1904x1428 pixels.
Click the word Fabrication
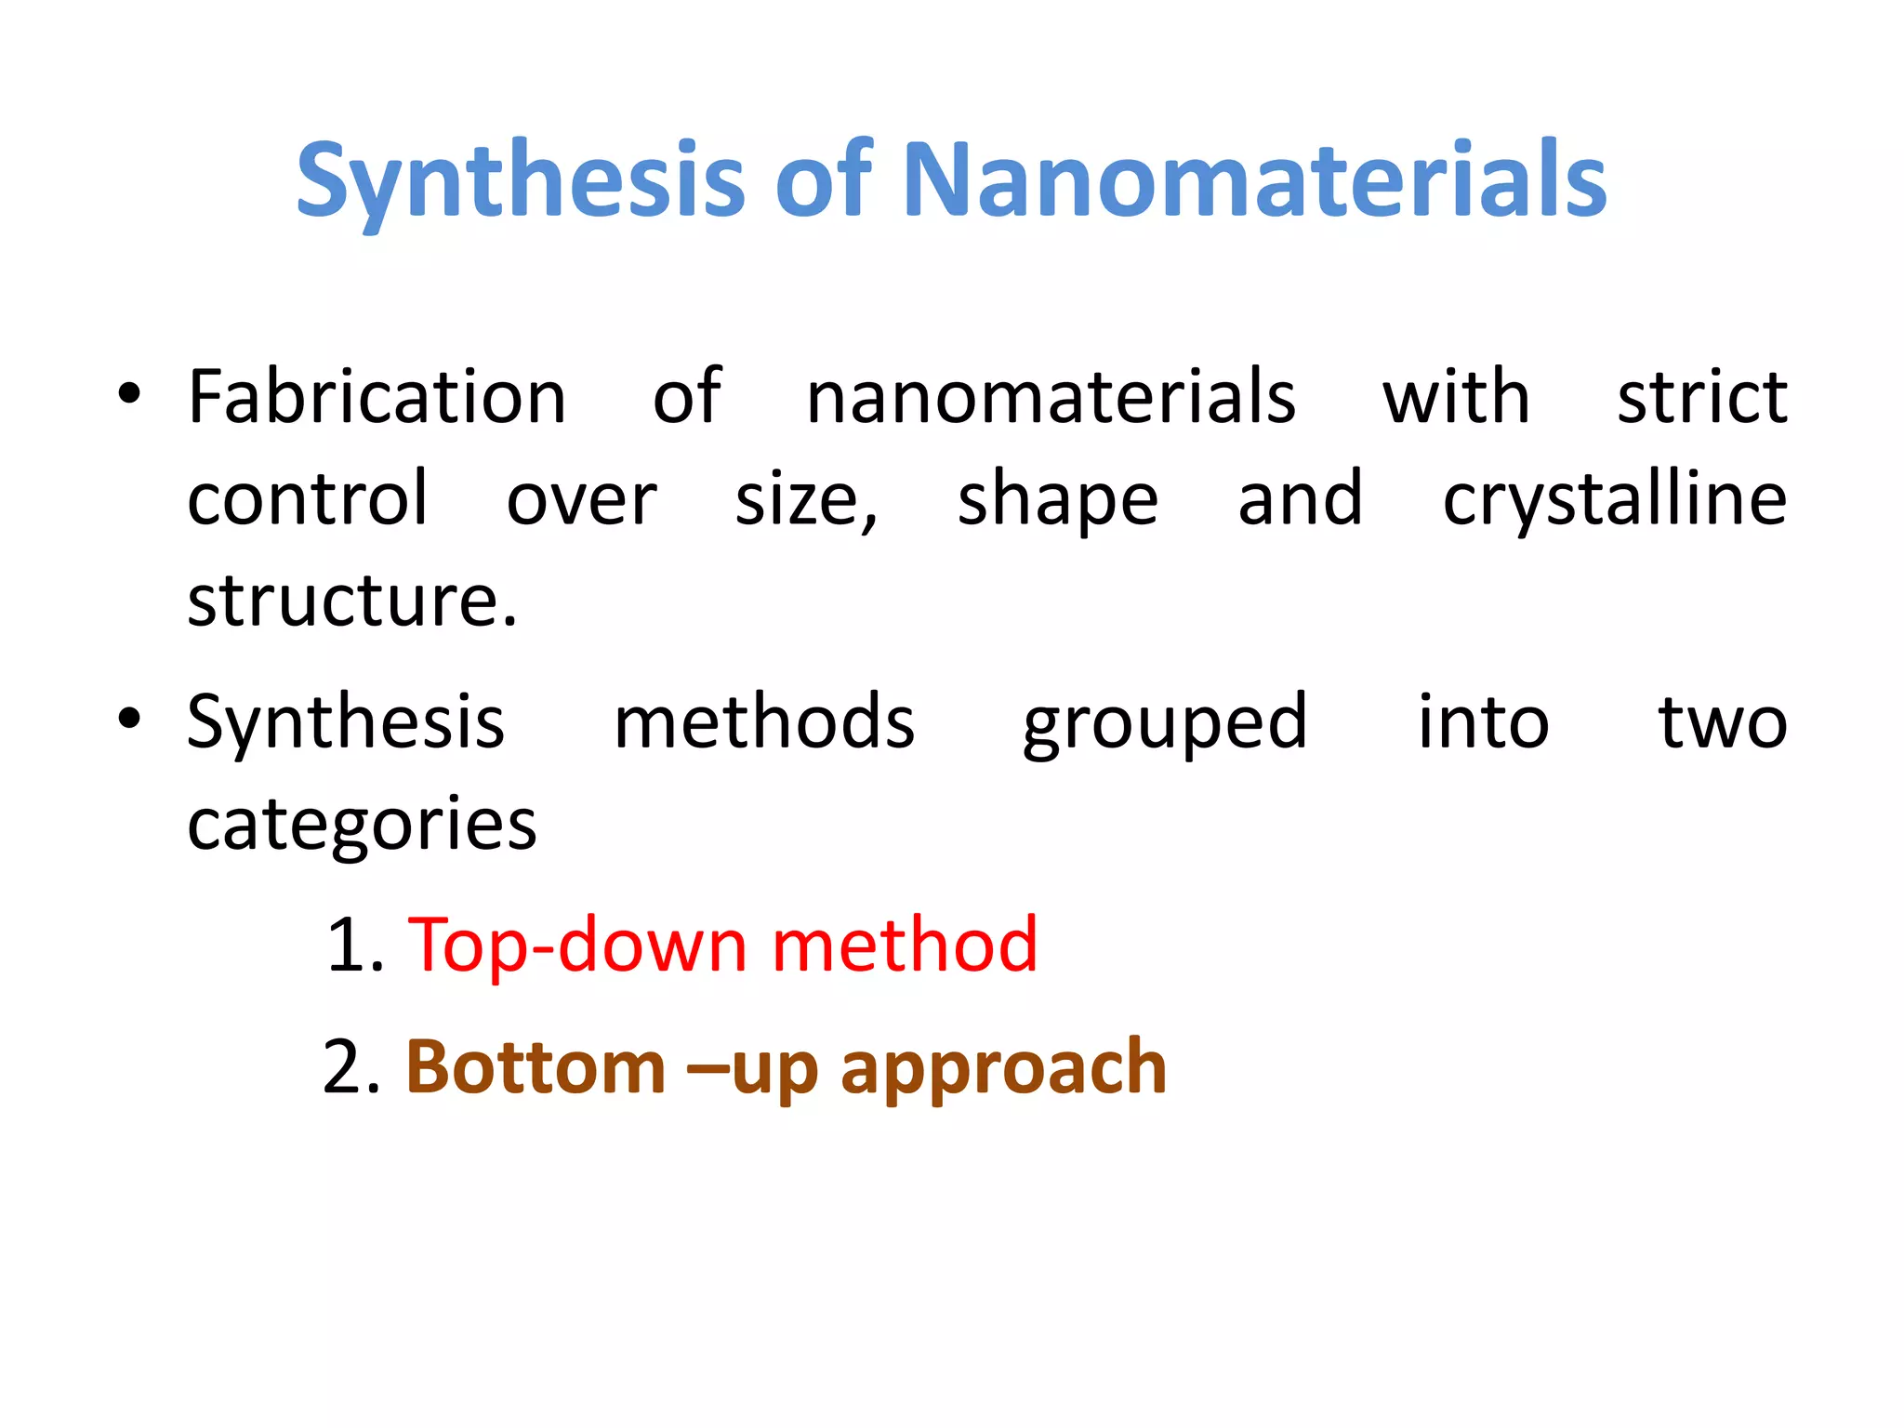click(377, 398)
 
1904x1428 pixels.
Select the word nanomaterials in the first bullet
click(1051, 398)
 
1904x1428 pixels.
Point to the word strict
click(1701, 398)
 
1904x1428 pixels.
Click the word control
click(308, 500)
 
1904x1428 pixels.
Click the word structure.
click(351, 602)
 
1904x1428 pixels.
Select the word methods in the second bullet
click(764, 722)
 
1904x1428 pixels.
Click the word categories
click(362, 826)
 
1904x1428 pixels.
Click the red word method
click(905, 945)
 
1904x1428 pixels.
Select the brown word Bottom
click(535, 1067)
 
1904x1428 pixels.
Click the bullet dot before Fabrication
click(129, 394)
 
